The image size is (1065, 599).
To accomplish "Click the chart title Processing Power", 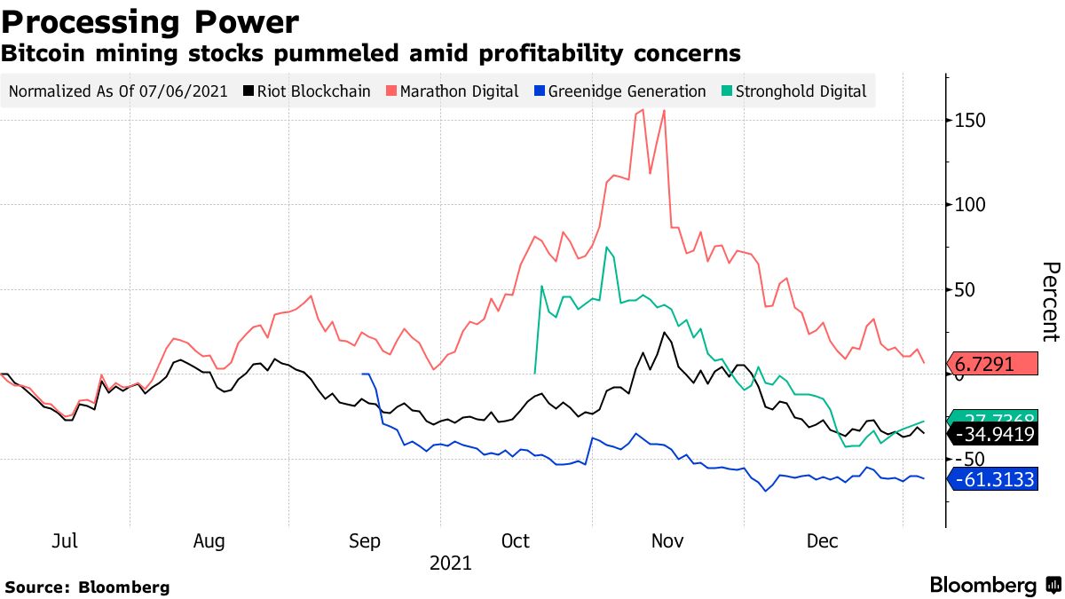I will coord(150,20).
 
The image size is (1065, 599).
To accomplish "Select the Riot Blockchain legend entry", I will coord(307,91).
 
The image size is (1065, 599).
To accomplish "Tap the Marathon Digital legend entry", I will coord(452,91).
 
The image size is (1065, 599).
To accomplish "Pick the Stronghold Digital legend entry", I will coord(793,91).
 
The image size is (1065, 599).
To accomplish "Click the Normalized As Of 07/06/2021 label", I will coord(118,91).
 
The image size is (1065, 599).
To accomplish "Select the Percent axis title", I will coord(1050,302).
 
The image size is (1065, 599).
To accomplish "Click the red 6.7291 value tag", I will coord(992,364).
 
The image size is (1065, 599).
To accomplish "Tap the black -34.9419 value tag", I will coord(992,434).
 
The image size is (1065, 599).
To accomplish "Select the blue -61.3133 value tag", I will coord(992,480).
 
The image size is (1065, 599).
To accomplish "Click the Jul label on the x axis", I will coord(66,541).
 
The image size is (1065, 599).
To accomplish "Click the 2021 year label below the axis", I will coord(450,563).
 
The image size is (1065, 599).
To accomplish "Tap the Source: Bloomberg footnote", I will coord(87,587).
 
